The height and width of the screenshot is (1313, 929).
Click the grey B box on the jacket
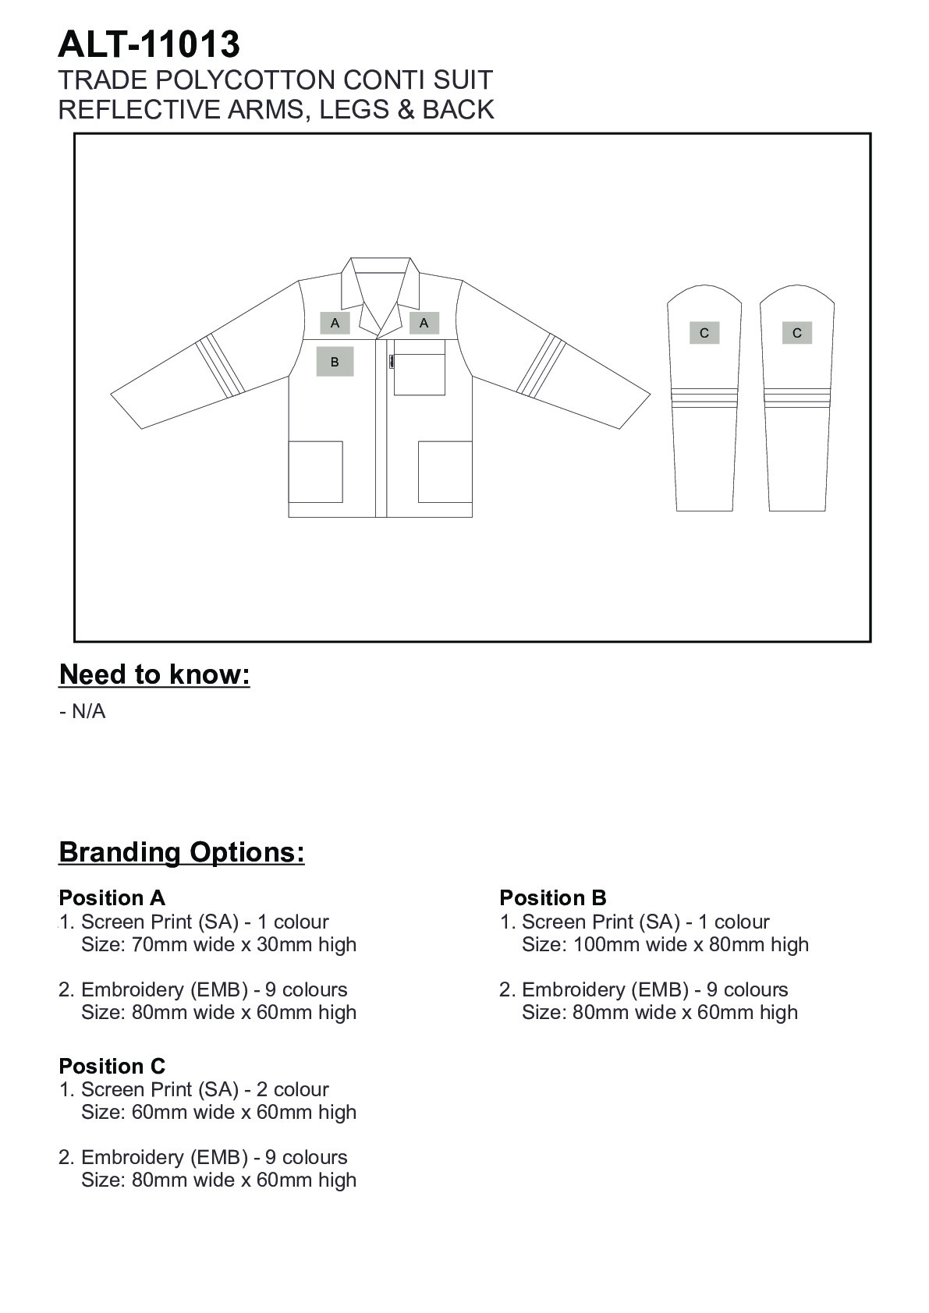(x=335, y=362)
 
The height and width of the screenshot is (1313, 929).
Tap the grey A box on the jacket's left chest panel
(x=335, y=323)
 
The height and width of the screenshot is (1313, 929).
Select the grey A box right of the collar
(x=424, y=323)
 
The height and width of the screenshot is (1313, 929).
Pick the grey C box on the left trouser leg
(x=704, y=333)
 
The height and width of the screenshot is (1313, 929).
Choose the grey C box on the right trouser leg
(x=796, y=333)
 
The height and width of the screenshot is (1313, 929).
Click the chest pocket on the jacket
(x=420, y=367)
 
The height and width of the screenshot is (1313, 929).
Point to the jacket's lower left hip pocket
(x=316, y=472)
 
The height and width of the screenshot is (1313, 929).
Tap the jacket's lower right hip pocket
(x=445, y=472)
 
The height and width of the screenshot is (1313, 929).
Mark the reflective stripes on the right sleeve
(x=542, y=363)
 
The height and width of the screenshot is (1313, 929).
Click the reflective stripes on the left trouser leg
(x=704, y=397)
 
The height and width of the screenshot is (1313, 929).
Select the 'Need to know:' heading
(x=154, y=674)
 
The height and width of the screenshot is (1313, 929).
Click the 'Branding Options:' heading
(x=182, y=851)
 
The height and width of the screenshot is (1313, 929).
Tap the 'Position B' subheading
(x=553, y=897)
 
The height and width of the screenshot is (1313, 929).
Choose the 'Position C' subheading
(x=112, y=1066)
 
